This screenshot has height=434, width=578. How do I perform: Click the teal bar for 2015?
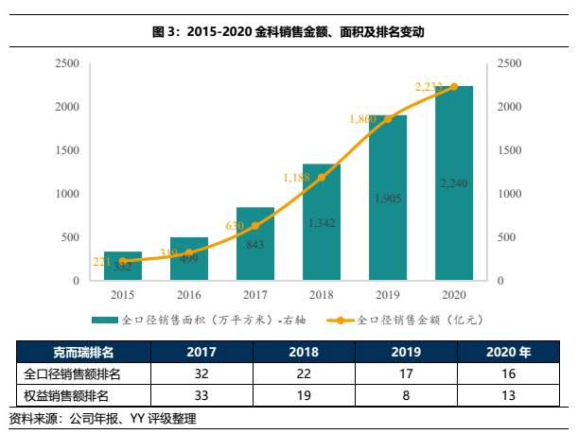tap(122, 267)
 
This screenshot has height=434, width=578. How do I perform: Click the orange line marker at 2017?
tap(254, 226)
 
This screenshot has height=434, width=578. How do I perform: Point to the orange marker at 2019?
tap(387, 118)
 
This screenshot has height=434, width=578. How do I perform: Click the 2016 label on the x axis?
tap(188, 294)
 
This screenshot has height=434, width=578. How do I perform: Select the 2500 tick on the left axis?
tap(66, 63)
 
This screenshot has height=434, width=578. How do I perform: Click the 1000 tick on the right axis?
tap(509, 194)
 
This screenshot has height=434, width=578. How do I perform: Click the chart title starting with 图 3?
tap(289, 31)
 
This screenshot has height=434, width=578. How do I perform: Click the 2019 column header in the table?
tap(406, 353)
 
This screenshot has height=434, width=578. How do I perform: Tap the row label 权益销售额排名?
tap(66, 393)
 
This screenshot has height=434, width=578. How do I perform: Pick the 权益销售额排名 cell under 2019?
tap(406, 393)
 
